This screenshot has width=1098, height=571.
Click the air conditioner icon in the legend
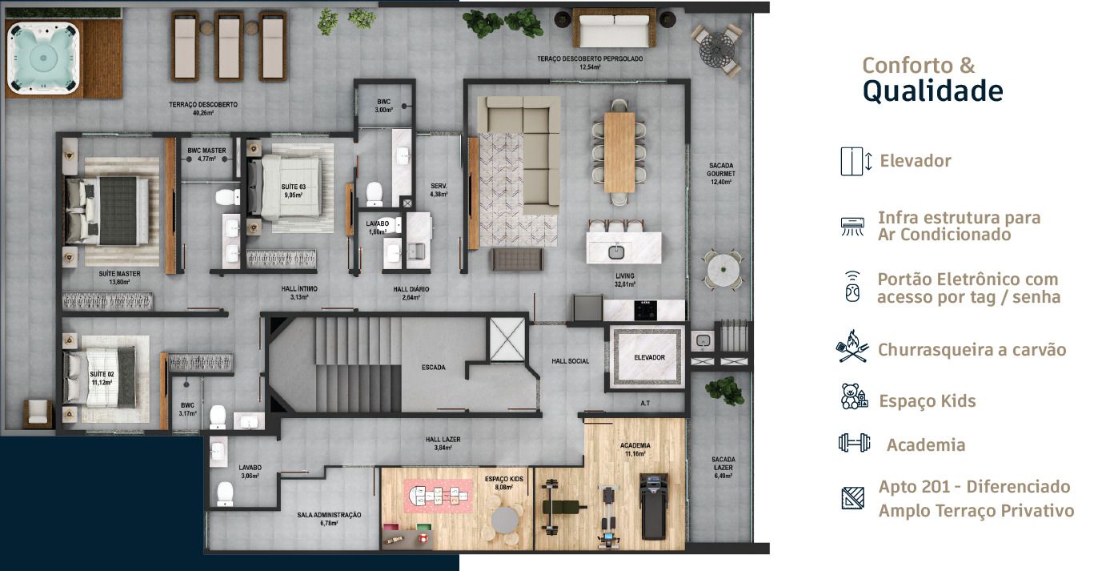853,226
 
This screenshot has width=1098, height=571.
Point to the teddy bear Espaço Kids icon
854,397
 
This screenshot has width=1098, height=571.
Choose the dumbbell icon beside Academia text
854,443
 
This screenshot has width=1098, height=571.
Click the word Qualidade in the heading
932,91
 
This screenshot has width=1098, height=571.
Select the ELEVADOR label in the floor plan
649,357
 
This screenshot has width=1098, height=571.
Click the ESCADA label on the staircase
433,368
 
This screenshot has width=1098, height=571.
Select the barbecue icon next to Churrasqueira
853,350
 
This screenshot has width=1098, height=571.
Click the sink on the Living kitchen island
616,252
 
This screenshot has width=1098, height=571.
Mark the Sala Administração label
329,518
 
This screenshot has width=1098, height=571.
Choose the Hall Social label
570,361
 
